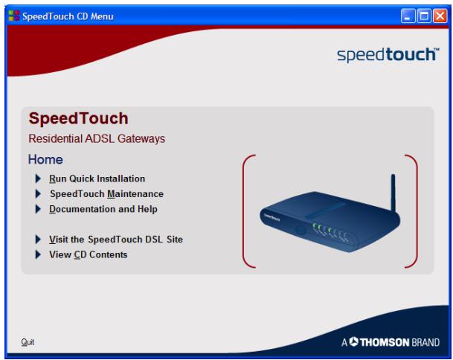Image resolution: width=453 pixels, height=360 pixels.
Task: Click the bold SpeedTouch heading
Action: click(78, 119)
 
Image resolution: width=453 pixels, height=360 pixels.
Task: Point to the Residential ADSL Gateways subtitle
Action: click(96, 138)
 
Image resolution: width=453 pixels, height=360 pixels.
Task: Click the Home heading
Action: click(45, 159)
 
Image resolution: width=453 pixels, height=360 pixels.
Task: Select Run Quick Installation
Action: click(97, 179)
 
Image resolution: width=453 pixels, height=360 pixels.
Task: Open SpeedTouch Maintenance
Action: click(106, 194)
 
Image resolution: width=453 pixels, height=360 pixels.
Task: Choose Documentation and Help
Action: click(103, 209)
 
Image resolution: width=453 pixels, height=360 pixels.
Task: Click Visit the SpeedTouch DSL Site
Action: click(115, 240)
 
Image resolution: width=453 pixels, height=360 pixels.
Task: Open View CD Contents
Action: click(88, 254)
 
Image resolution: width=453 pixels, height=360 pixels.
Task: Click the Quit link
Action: click(27, 343)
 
